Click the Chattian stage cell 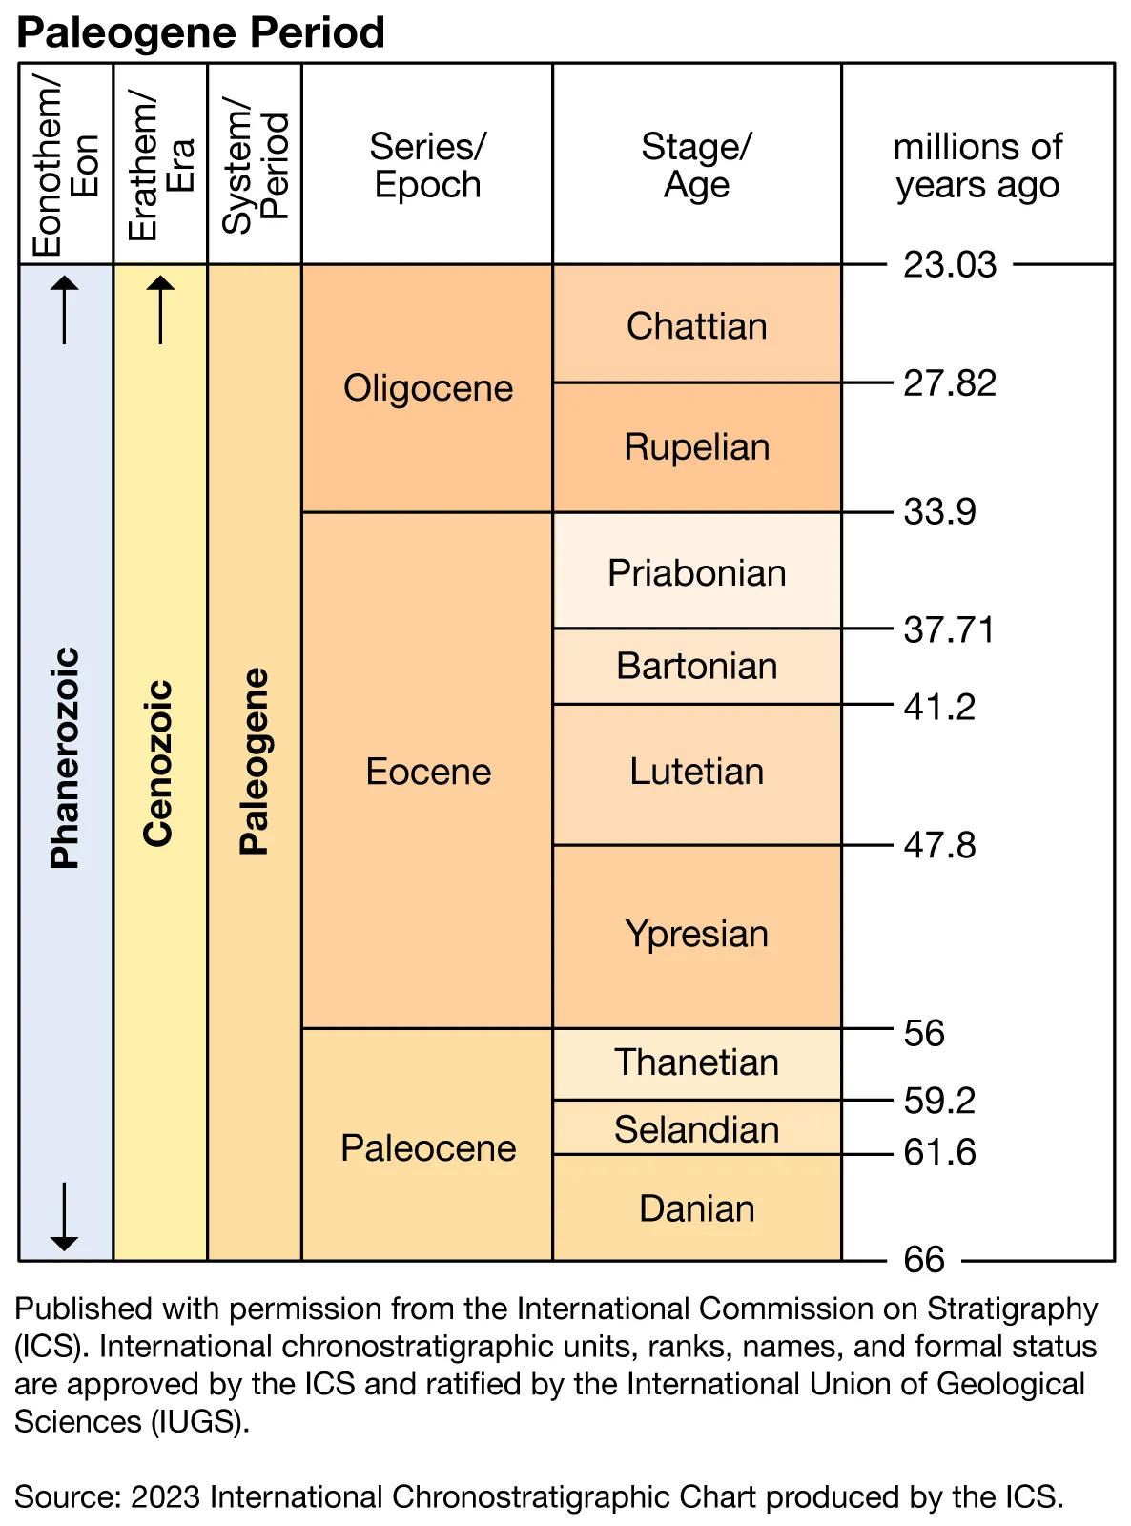click(x=696, y=326)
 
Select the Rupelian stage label click(x=696, y=447)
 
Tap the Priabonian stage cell click(x=696, y=573)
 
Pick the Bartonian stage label click(x=696, y=666)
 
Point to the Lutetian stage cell click(x=696, y=772)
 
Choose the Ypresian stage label click(x=696, y=934)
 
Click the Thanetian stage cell click(x=696, y=1062)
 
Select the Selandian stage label click(x=696, y=1129)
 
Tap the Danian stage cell click(x=696, y=1208)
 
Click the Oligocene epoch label click(x=428, y=388)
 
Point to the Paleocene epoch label click(x=428, y=1148)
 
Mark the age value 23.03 click(x=950, y=265)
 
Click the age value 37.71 click(x=949, y=629)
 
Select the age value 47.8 click(x=939, y=845)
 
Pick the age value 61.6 click(x=939, y=1152)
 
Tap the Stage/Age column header click(x=696, y=165)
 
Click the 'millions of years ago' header click(x=977, y=165)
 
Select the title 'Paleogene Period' click(x=200, y=32)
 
